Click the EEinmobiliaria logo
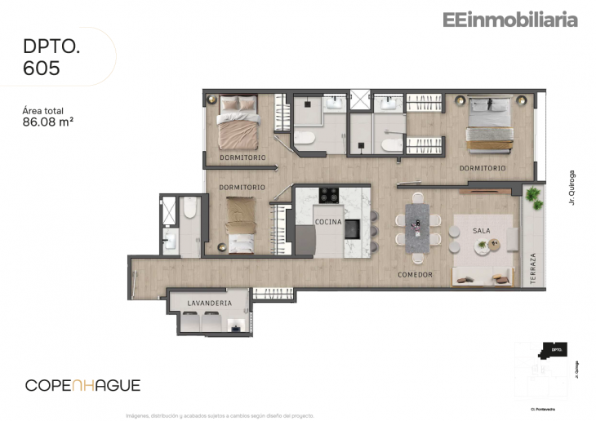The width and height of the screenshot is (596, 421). click(x=509, y=20)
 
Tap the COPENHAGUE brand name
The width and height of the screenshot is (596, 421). click(x=82, y=385)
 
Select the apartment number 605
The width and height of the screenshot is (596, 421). click(x=42, y=69)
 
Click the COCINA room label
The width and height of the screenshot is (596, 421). click(x=328, y=222)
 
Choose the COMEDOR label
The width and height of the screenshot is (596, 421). click(x=415, y=275)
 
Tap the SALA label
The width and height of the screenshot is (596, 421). click(x=482, y=231)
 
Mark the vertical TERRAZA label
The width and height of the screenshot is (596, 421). click(x=532, y=268)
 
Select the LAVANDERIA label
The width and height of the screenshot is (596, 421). click(x=209, y=303)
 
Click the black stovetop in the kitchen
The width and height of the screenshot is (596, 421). click(x=329, y=195)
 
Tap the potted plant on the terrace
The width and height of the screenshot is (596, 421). click(x=533, y=196)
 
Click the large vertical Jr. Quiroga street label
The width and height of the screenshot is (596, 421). click(x=572, y=187)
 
